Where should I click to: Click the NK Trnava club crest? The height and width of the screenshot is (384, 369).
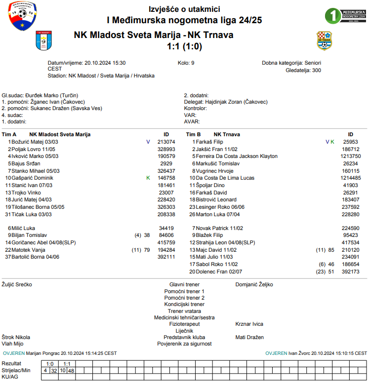click(x=324, y=40)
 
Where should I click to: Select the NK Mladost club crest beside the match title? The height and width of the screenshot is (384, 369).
click(x=43, y=40)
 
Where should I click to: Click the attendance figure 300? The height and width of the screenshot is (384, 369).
click(x=316, y=70)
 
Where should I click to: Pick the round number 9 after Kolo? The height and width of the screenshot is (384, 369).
click(x=193, y=63)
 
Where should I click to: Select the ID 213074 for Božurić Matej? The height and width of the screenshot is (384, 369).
click(x=166, y=142)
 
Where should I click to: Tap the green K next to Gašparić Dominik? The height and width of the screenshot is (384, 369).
click(x=148, y=178)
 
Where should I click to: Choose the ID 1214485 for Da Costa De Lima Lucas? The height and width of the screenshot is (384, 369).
click(x=350, y=178)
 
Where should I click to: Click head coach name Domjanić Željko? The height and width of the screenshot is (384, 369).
click(x=254, y=284)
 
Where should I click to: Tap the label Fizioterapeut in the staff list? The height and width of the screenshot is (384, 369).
click(x=184, y=324)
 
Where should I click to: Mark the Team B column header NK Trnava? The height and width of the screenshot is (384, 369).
click(x=227, y=134)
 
